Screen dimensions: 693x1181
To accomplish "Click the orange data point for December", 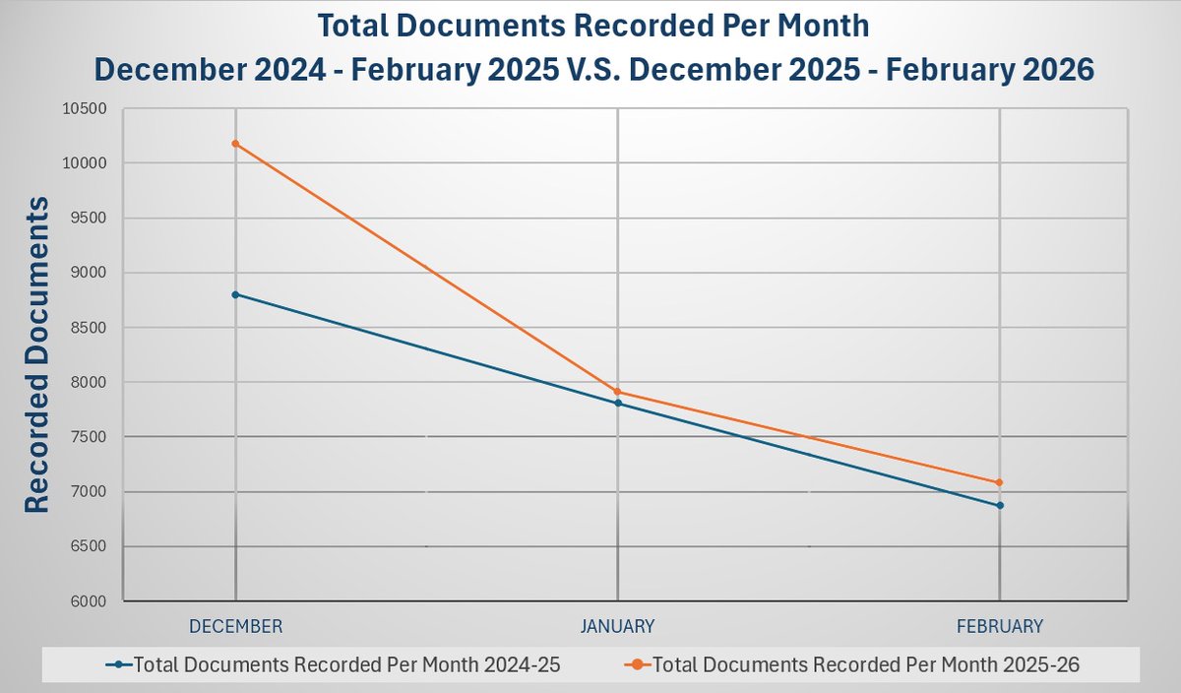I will pos(235,144).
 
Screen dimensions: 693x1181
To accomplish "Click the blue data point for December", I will pos(235,294).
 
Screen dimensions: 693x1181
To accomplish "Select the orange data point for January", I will pos(617,392).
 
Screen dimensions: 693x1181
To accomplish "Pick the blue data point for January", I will pos(617,403).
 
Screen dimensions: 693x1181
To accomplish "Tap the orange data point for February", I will pos(1000,482).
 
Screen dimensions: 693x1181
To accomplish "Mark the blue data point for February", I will pos(1000,505).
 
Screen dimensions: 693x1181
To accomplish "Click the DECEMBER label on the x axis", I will pos(235,626).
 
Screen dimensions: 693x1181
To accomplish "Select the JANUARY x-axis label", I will pos(617,626).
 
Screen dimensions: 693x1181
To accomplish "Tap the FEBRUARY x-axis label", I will pos(1000,626).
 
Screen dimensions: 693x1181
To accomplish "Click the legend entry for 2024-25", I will pos(346,665).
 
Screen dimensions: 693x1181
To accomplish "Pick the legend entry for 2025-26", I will pos(866,665).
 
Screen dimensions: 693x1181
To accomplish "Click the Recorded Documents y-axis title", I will pos(36,354).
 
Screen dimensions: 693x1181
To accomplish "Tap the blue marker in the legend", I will pos(119,665).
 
